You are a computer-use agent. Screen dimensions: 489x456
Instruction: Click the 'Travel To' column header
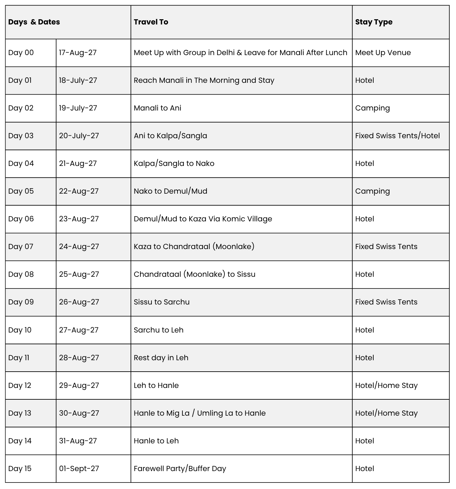click(151, 22)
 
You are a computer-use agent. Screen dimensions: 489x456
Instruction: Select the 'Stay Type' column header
click(374, 22)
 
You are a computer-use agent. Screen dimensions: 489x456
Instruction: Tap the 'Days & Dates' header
click(34, 22)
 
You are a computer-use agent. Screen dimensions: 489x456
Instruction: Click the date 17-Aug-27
click(78, 52)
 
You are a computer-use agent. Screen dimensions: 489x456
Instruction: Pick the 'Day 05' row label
click(21, 191)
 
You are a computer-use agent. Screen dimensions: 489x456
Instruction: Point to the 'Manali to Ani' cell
click(157, 108)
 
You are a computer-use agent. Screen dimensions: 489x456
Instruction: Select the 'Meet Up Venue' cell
click(383, 52)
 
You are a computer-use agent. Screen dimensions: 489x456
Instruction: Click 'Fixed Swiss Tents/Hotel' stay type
click(397, 136)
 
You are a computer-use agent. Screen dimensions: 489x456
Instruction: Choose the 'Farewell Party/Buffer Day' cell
click(180, 468)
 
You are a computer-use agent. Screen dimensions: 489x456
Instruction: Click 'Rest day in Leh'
click(161, 358)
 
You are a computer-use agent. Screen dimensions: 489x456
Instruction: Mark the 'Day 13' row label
click(20, 413)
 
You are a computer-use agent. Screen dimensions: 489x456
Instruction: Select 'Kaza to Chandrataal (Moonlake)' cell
click(194, 246)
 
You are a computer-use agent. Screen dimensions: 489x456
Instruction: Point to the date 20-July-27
click(79, 136)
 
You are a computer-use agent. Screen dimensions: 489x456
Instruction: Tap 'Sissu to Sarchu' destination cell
click(162, 302)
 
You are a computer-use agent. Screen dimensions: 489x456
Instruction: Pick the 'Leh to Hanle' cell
click(156, 385)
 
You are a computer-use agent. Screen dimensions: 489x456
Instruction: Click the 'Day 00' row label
click(21, 52)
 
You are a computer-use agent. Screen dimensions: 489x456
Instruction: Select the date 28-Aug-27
click(79, 358)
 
